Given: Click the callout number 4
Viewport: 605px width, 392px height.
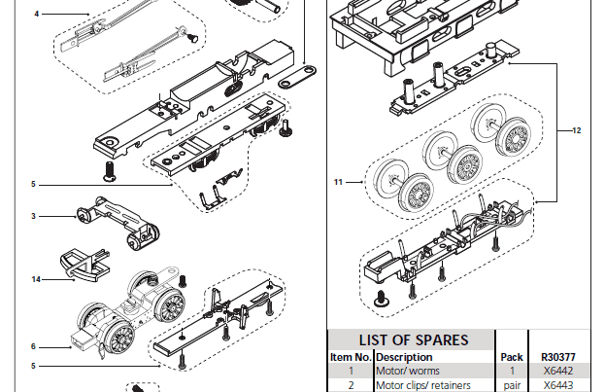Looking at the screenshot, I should point(36,15).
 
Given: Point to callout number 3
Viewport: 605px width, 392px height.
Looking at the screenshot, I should point(33,216).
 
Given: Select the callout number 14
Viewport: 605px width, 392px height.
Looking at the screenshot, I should point(36,279).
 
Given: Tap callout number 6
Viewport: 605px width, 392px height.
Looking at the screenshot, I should point(33,345).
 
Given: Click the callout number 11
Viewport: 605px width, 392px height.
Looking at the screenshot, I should point(339,182).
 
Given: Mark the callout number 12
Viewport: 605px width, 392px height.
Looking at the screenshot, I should point(576,129).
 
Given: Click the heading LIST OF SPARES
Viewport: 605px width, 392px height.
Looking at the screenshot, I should point(413,340).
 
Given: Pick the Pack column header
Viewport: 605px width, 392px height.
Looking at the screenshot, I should point(511,357).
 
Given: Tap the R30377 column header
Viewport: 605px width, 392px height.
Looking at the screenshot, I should point(557,357).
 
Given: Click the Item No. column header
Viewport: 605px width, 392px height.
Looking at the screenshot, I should point(350,357).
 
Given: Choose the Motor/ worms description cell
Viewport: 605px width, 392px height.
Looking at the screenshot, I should point(408,371).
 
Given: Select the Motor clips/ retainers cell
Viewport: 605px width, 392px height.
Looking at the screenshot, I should point(421,385).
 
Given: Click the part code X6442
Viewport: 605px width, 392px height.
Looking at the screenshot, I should point(557,371).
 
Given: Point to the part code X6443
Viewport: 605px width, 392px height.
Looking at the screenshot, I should point(557,385).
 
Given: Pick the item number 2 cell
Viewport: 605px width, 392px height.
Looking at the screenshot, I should point(350,385).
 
